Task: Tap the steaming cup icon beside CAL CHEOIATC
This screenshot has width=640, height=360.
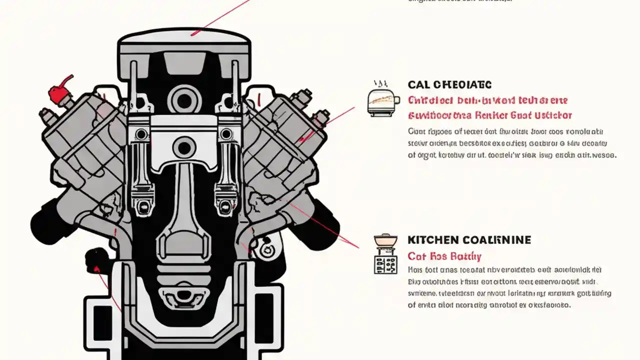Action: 382,102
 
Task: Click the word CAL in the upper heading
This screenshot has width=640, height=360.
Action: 418,84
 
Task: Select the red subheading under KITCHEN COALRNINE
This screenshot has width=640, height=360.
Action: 444,256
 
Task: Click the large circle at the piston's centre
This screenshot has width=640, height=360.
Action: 184,147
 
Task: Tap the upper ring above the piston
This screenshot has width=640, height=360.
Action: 184,99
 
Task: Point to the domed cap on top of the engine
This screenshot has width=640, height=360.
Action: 184,39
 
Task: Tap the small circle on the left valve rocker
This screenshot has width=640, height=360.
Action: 141,134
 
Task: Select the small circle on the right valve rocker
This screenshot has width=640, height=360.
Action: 226,134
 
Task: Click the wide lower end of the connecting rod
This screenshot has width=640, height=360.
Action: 184,245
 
